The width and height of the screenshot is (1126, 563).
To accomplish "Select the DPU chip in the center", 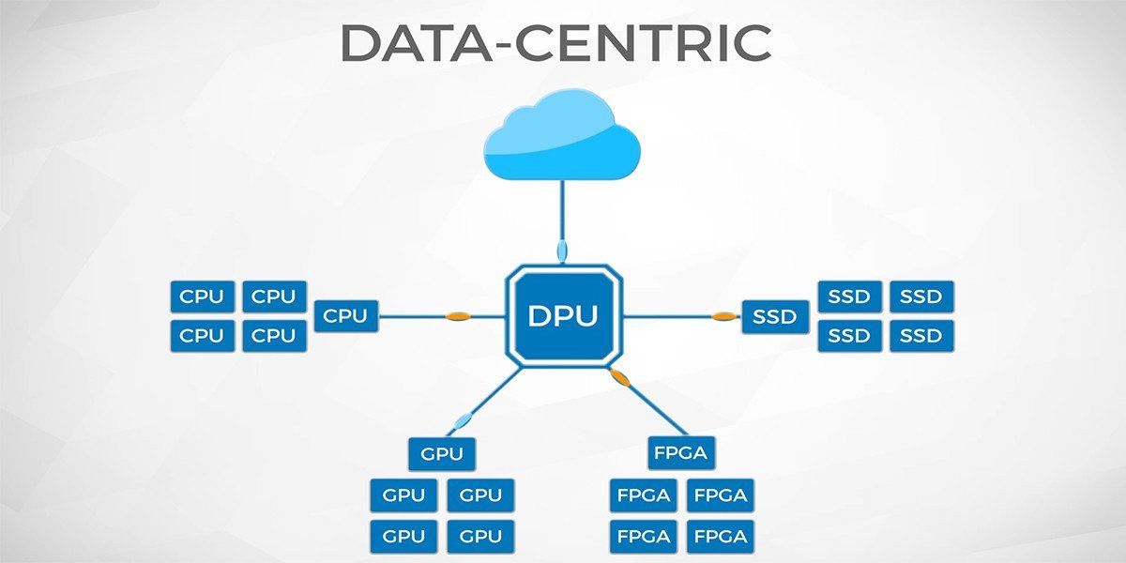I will tap(563, 316).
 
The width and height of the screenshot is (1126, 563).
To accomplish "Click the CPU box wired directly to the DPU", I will tap(345, 316).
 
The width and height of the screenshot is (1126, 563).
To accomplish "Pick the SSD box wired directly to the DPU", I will tap(775, 316).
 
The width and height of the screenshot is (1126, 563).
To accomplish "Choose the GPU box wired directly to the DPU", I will tap(442, 454).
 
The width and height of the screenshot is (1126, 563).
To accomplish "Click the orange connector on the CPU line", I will tap(457, 316).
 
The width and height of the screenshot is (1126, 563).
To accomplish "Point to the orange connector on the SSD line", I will tap(722, 316).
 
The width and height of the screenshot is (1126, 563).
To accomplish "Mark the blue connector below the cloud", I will tap(562, 251).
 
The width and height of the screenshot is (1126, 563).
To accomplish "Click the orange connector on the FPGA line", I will tap(619, 377).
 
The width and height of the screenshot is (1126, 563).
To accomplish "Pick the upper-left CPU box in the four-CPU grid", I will tap(202, 297).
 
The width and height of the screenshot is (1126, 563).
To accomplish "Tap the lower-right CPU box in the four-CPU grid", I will tap(274, 335).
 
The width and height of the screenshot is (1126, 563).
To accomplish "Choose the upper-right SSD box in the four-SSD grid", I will tap(921, 297).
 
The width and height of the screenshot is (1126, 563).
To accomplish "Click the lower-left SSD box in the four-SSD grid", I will tap(849, 335).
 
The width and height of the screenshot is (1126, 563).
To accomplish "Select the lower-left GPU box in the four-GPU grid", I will tap(403, 536).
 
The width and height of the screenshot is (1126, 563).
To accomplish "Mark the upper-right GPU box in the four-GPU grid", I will tap(480, 495).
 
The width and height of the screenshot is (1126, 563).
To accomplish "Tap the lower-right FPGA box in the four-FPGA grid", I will tap(721, 536).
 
